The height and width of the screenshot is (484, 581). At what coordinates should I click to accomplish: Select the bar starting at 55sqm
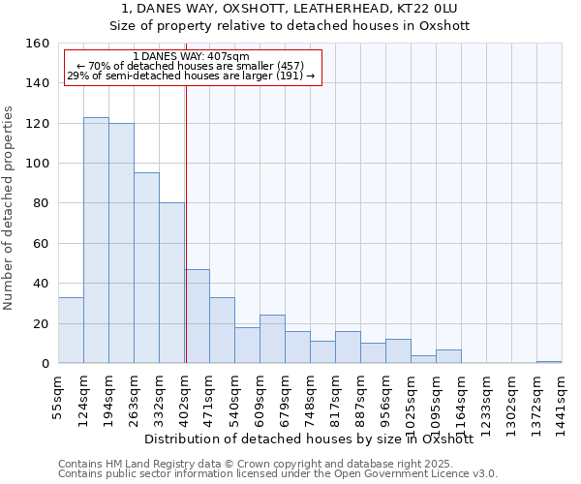[x=71, y=330]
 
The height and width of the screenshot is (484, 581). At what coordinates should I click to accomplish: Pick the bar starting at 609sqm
[x=272, y=339]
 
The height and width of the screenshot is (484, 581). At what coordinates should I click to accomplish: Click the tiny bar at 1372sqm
[x=549, y=361]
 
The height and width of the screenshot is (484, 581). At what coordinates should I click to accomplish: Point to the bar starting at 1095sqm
[x=448, y=356]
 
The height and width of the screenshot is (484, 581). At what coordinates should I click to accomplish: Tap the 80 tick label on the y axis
[x=41, y=203]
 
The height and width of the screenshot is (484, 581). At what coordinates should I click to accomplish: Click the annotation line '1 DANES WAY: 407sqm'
[x=191, y=57]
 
